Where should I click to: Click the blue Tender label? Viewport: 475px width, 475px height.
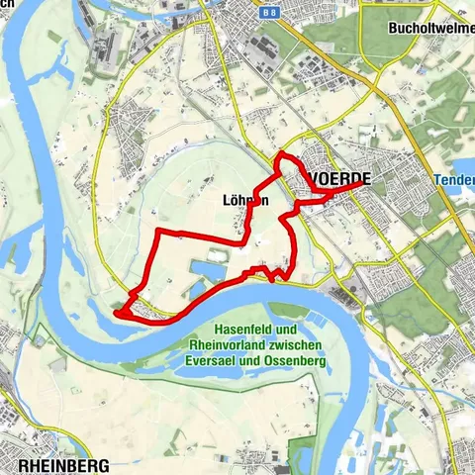[454, 181]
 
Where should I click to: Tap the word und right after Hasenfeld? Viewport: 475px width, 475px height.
[284, 331]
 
